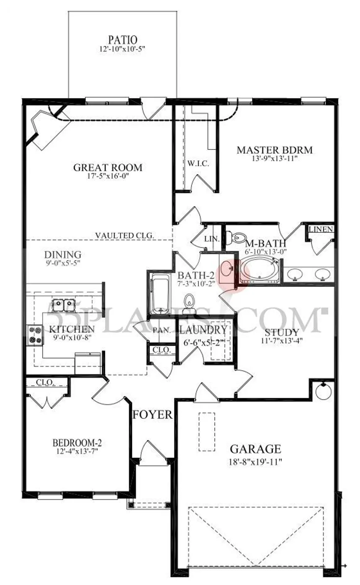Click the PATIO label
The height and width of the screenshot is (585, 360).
tap(123, 40)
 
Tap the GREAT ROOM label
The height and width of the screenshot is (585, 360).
tap(108, 168)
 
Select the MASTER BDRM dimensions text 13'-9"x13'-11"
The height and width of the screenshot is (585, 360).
tap(275, 159)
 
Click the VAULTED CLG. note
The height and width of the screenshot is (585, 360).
tap(125, 235)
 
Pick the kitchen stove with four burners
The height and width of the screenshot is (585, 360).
tap(35, 335)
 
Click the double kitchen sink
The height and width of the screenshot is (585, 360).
tap(64, 304)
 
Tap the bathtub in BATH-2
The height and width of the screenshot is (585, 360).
tap(159, 293)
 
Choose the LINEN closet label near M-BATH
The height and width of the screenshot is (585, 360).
tap(321, 229)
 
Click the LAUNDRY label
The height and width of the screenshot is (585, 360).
tap(203, 330)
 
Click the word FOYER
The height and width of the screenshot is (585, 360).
tap(152, 415)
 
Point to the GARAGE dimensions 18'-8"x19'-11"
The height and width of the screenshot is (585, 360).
tap(255, 462)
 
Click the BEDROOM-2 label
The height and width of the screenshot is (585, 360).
tap(77, 443)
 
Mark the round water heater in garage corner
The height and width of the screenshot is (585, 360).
tap(323, 392)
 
